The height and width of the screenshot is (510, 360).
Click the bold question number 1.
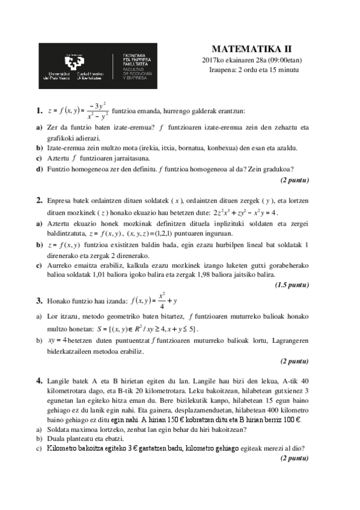point(39,110)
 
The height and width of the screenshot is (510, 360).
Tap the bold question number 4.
point(39,381)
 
